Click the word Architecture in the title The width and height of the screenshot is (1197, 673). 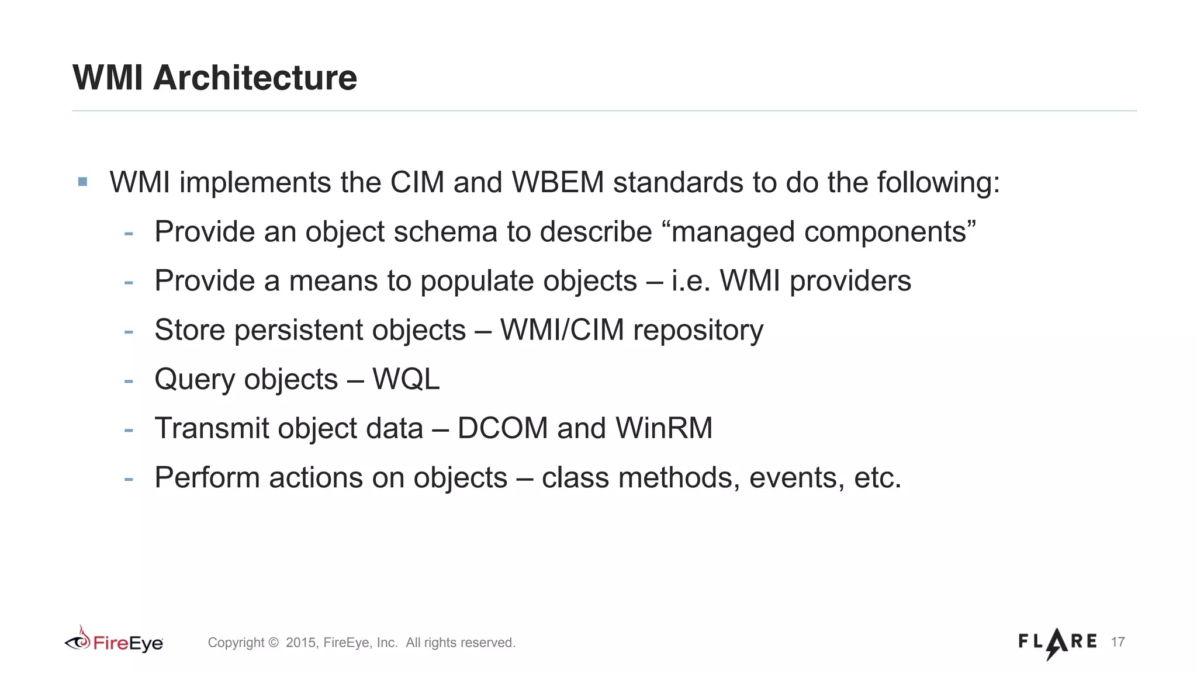point(255,78)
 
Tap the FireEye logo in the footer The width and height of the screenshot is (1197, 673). point(114,642)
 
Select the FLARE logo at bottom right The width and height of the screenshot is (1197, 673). point(1057,642)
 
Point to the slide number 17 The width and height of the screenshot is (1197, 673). point(1118,642)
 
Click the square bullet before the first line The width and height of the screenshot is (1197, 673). point(82,182)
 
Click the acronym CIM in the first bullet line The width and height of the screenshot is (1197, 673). point(417,182)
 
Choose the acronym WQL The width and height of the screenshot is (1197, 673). point(406,380)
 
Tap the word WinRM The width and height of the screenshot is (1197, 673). point(664,428)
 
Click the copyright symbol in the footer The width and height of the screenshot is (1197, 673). point(274,643)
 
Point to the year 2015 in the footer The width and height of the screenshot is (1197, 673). point(300,643)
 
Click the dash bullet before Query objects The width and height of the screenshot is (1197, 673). point(129,381)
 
